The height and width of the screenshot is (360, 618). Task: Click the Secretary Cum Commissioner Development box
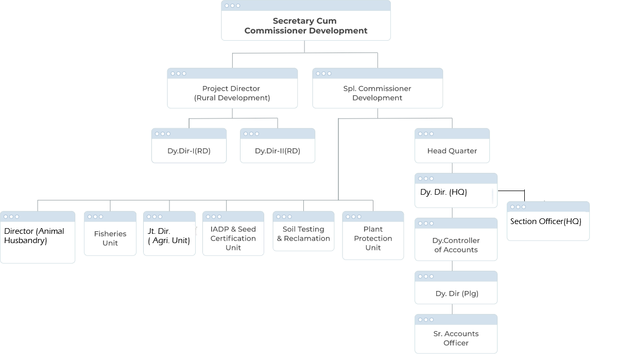(x=306, y=26)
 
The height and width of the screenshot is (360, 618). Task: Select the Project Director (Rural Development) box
(x=232, y=93)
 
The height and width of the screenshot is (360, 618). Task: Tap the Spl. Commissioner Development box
(x=377, y=93)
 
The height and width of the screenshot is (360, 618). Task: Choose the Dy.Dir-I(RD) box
(x=189, y=151)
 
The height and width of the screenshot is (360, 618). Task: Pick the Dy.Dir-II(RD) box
(x=278, y=151)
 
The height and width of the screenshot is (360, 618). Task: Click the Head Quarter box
(x=452, y=151)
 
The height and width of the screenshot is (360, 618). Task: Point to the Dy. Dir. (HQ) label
(x=443, y=192)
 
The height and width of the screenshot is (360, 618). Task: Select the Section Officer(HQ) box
(x=548, y=221)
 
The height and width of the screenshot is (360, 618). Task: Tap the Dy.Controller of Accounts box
(x=456, y=245)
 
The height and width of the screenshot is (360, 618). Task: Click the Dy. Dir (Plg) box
(x=457, y=294)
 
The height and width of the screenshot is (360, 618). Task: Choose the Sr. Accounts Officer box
(x=456, y=338)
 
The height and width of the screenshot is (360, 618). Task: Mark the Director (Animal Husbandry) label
(x=34, y=236)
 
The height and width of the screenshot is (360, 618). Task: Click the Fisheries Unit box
(x=110, y=238)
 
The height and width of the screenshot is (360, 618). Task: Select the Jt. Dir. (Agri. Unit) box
(x=169, y=236)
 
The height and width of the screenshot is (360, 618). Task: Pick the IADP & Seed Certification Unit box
(x=233, y=238)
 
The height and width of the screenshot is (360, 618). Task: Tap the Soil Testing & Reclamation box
(x=303, y=234)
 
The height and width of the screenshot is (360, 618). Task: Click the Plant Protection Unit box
(x=373, y=238)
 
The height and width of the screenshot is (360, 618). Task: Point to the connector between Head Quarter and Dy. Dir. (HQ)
(x=452, y=168)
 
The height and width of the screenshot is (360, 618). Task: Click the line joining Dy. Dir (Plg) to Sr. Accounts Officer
(x=452, y=309)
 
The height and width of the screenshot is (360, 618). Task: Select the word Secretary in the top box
(x=290, y=21)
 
